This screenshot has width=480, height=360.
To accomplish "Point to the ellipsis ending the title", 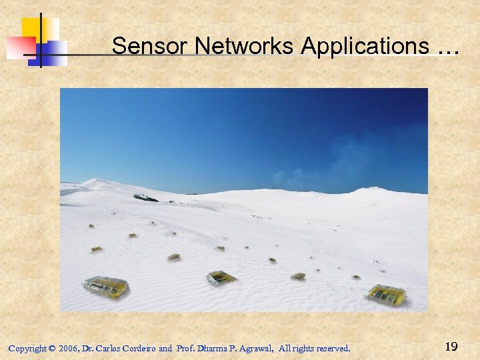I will point(448,48).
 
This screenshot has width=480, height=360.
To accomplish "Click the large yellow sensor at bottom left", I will point(106,287).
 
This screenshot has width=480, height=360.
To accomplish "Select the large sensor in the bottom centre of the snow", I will point(220,277).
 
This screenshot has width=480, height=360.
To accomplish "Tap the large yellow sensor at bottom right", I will point(386,294).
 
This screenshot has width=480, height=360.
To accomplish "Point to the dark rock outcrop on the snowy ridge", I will point(145,198).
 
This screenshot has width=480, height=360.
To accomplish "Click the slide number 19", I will point(451,346).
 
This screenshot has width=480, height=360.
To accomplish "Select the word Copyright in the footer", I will point(27,348).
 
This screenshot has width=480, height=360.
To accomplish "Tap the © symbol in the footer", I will point(52,348).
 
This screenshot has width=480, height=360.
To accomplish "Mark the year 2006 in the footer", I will point(68,348).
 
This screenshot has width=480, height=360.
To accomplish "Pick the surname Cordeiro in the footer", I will point(139,348).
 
